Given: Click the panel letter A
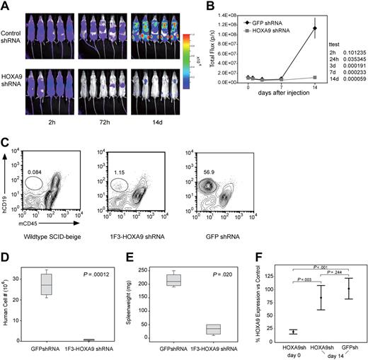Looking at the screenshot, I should (x=6, y=6).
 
